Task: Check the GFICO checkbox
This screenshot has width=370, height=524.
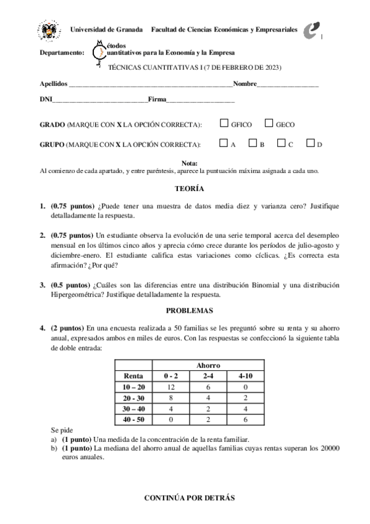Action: point(224,124)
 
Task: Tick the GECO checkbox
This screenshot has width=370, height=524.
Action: point(269,124)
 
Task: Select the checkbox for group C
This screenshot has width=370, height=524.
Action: point(281,143)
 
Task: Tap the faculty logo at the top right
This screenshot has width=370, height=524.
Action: point(314,31)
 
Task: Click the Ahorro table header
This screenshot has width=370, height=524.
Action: point(208,365)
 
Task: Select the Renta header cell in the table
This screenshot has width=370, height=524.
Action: point(134,375)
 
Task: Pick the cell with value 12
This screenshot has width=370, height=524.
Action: point(171,386)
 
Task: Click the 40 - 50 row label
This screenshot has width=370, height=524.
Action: point(134,419)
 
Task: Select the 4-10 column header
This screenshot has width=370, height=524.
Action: point(245,375)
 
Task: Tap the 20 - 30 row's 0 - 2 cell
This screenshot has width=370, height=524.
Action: point(171,397)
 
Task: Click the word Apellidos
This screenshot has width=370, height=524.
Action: point(53,83)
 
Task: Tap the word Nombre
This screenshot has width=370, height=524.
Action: point(245,83)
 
